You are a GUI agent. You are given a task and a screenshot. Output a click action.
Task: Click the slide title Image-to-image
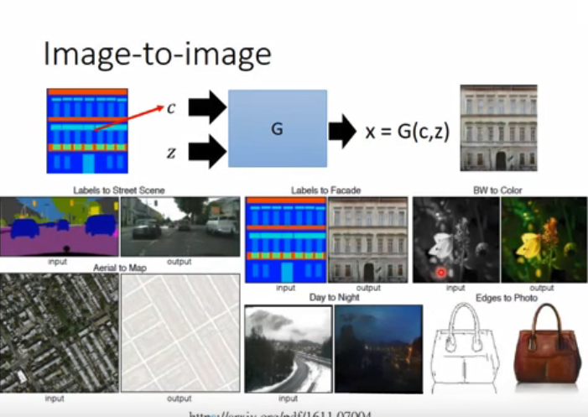click(157, 55)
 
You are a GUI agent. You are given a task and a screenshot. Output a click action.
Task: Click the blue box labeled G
click(277, 129)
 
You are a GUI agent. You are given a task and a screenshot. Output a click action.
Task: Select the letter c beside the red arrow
click(171, 107)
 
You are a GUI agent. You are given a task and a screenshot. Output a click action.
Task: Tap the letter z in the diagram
click(171, 152)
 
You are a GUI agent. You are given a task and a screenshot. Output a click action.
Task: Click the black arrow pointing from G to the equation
click(341, 131)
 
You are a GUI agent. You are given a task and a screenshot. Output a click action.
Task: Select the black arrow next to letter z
click(206, 152)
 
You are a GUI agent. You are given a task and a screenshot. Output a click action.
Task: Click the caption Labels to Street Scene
click(118, 190)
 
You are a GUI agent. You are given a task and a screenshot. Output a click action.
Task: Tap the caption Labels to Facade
click(325, 190)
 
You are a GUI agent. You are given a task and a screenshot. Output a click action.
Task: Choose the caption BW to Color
click(497, 190)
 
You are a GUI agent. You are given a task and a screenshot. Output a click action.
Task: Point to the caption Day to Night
click(333, 297)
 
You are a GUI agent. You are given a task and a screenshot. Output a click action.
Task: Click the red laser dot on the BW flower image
click(440, 272)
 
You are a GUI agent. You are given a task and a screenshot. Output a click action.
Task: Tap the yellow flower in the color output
click(530, 245)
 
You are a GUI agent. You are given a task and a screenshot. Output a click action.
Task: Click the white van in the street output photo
click(221, 224)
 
